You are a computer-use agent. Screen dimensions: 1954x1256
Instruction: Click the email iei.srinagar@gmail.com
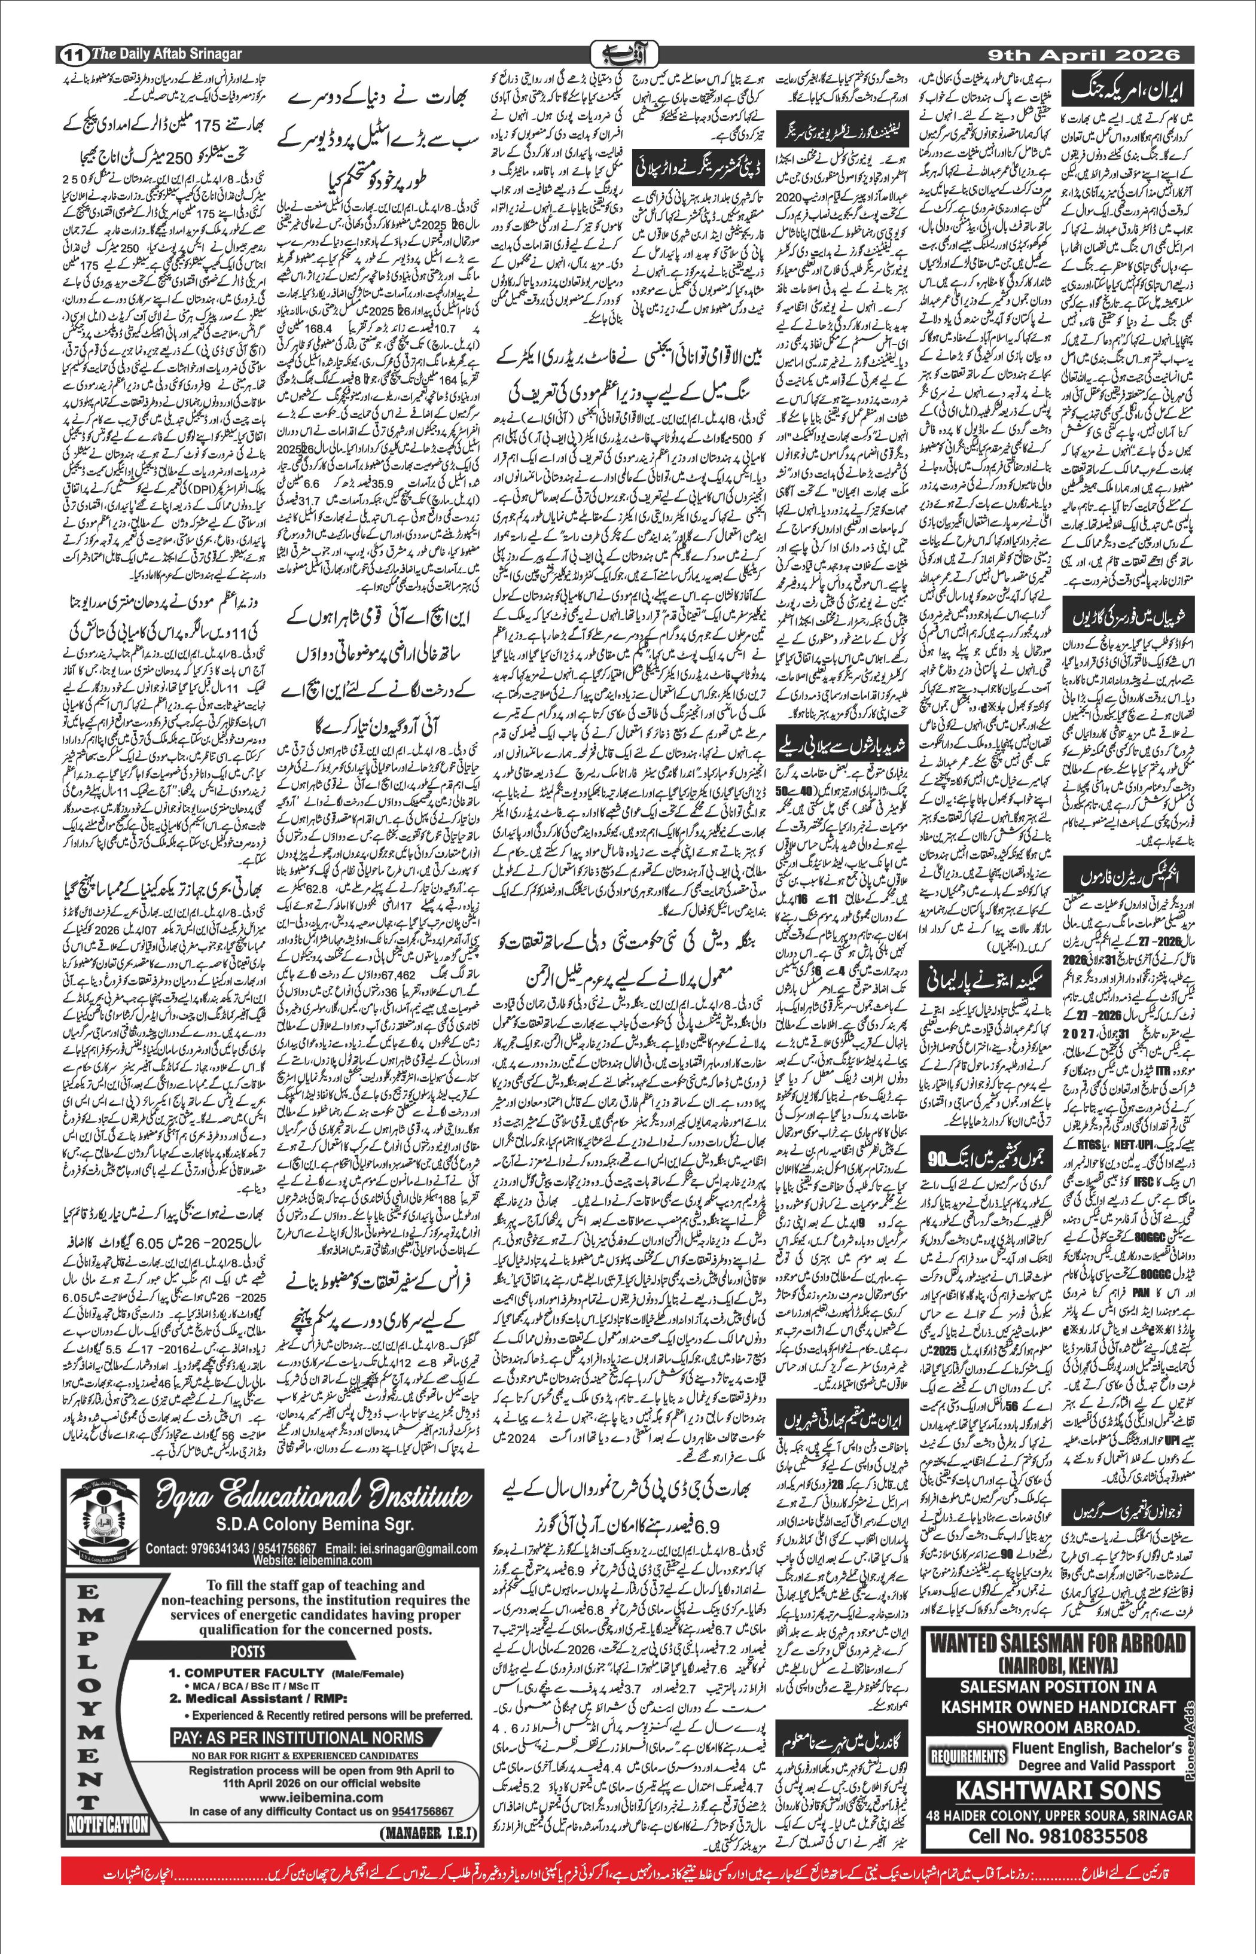point(401,1548)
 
